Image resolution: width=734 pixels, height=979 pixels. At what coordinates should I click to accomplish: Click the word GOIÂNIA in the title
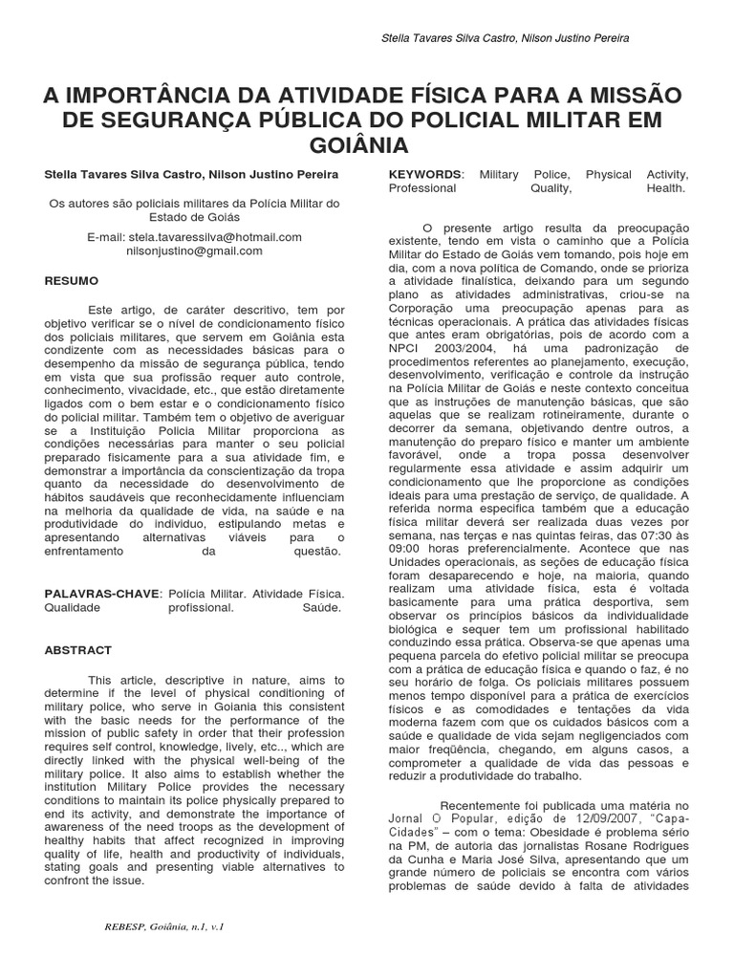pos(366,145)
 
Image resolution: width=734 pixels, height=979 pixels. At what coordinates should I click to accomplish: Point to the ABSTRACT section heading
pos(78,649)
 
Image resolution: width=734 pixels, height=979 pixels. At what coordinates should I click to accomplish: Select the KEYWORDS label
pos(424,175)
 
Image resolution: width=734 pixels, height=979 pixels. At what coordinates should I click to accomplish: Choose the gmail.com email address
pos(194,250)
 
